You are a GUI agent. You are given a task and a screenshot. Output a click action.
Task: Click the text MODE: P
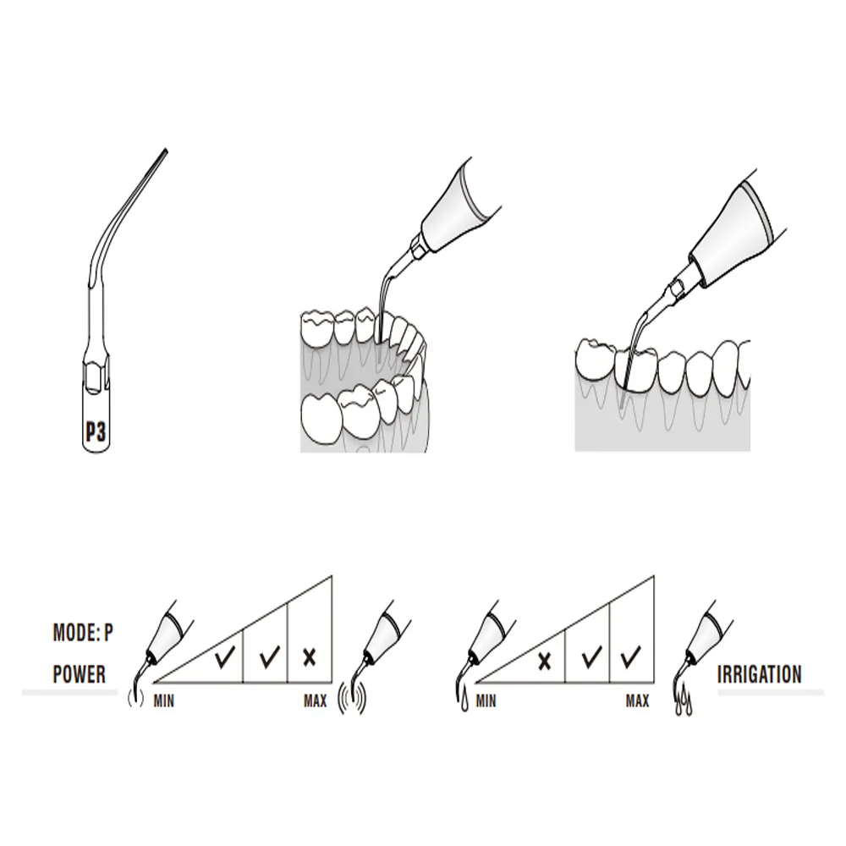pos(83,632)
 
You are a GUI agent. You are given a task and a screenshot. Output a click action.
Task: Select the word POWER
pos(79,674)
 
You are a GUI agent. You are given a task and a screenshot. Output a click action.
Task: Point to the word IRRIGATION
pos(759,674)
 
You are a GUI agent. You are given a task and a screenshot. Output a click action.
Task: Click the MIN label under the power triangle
pos(165,700)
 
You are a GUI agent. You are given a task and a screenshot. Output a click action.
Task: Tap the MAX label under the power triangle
pos(316,700)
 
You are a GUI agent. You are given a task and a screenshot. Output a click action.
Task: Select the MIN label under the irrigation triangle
pos(486,700)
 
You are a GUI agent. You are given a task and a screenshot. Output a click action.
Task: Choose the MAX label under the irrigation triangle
pos(637,700)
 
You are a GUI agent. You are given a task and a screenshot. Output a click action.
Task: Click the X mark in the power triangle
pos(310,656)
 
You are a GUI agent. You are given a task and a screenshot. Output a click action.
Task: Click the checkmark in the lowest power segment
pos(225,656)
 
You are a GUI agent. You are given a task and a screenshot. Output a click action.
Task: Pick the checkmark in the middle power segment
pos(269,656)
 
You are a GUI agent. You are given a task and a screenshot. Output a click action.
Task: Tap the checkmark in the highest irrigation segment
pos(630,656)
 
